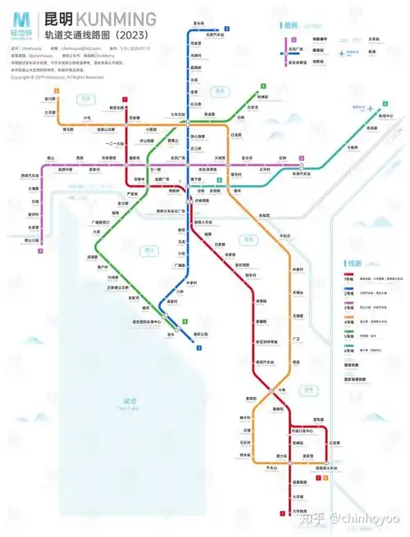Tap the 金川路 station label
[50, 98]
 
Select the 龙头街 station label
[198, 23]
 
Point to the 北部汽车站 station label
[216, 34]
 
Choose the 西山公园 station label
[33, 240]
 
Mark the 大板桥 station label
[353, 147]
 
